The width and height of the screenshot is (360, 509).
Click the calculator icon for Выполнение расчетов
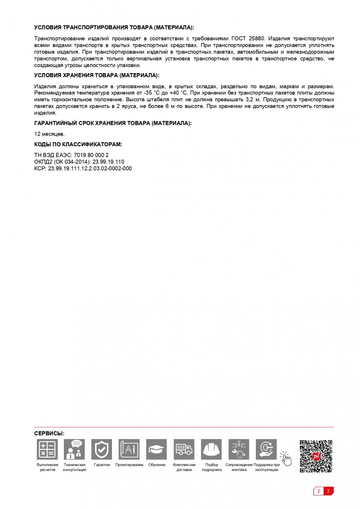[47, 449]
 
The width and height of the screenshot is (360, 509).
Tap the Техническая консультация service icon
[74, 449]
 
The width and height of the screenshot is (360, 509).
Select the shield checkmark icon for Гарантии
[102, 449]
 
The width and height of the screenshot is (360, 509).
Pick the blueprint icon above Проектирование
[129, 449]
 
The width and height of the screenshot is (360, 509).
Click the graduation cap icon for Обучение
[156, 449]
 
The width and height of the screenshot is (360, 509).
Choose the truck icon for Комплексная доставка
[184, 449]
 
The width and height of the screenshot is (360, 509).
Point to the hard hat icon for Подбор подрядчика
[211, 449]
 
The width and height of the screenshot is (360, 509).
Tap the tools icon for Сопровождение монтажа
[239, 449]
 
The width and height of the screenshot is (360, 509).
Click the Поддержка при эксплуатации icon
[266, 449]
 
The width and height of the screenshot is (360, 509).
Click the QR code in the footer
[316, 456]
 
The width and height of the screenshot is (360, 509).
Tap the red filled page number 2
[328, 491]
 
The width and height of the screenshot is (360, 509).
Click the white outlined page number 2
[318, 491]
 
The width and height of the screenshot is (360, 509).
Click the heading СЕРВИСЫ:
[50, 433]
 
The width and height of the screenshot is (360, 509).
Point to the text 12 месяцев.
[50, 134]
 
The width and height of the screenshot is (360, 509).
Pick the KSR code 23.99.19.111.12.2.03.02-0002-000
[90, 168]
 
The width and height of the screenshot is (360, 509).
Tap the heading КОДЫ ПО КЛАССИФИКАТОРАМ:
[78, 144]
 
